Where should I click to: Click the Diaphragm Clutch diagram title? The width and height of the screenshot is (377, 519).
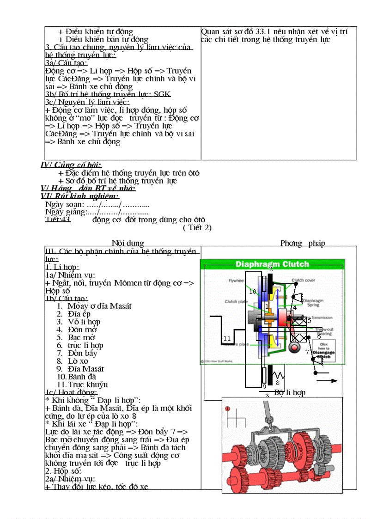pyautogui.click(x=273, y=264)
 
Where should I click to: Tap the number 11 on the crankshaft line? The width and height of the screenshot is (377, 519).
pyautogui.click(x=227, y=338)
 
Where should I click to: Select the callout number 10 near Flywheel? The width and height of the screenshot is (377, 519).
pyautogui.click(x=253, y=292)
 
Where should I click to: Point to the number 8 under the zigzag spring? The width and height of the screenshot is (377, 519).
pyautogui.click(x=278, y=383)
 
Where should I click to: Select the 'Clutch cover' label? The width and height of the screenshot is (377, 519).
pyautogui.click(x=304, y=281)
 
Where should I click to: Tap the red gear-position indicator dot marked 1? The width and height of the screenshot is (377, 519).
pyautogui.click(x=227, y=409)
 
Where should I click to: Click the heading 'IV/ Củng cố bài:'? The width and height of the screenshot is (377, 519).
pyautogui.click(x=72, y=165)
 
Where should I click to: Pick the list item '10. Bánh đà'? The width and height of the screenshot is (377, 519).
pyautogui.click(x=76, y=377)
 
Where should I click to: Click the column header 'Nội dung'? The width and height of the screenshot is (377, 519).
pyautogui.click(x=128, y=243)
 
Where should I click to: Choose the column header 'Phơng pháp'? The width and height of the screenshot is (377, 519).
pyautogui.click(x=303, y=243)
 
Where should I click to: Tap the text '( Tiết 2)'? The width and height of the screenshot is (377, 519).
pyautogui.click(x=197, y=227)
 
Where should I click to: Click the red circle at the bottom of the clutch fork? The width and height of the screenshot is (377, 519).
pyautogui.click(x=293, y=347)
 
